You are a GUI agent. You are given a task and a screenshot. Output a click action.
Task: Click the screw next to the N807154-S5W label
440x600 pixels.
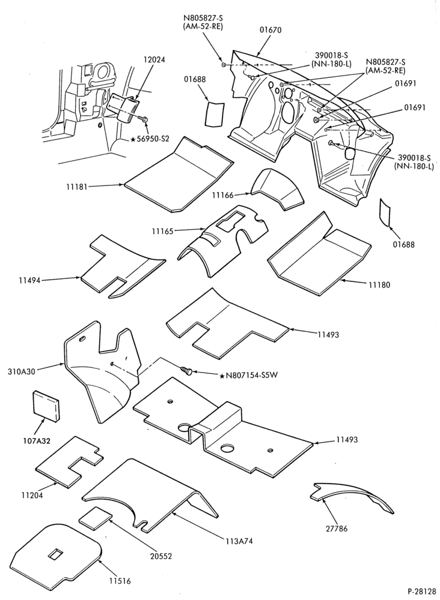point(186,370)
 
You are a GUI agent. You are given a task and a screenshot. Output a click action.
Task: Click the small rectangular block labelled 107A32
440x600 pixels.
point(46,406)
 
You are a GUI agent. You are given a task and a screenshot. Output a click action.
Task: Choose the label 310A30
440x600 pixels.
point(21,371)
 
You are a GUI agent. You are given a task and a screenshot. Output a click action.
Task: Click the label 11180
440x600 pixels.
point(379,284)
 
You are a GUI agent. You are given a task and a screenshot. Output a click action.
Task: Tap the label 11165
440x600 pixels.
point(162,231)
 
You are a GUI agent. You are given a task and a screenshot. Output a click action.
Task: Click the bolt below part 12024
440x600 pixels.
point(144,120)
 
